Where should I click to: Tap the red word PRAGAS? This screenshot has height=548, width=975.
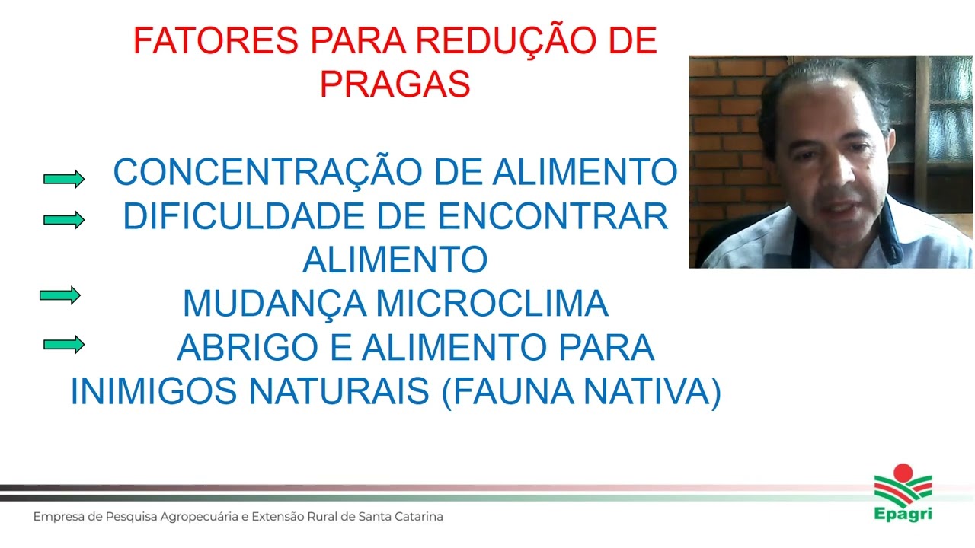395,85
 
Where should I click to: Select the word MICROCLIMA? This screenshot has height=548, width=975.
492,304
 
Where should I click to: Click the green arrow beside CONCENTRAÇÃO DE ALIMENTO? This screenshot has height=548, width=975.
64,179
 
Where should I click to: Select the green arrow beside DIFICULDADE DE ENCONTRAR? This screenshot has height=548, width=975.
64,220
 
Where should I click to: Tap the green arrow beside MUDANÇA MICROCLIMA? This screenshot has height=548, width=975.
60,295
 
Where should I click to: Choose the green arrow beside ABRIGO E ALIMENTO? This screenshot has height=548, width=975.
64,345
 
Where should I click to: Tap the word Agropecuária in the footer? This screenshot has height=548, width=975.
197,518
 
